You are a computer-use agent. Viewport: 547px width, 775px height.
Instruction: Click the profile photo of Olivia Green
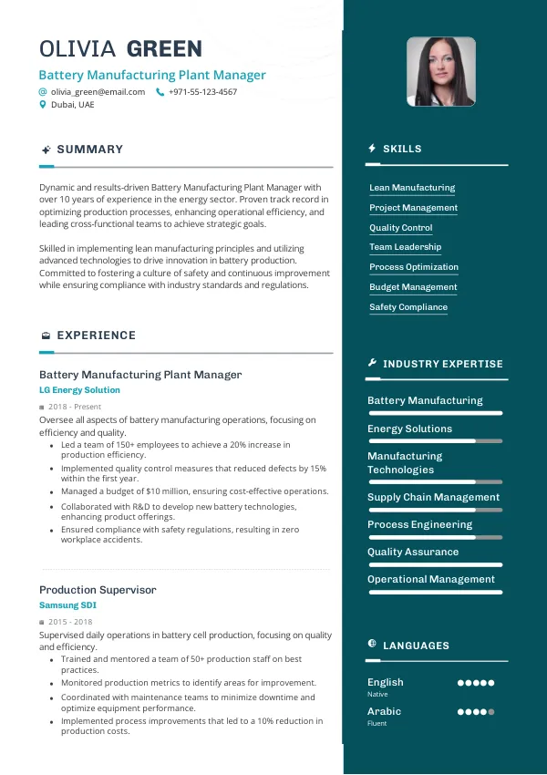(x=440, y=71)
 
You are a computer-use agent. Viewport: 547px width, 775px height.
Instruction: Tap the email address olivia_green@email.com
(x=98, y=92)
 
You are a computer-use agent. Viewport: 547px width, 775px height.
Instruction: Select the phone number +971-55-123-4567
(x=202, y=92)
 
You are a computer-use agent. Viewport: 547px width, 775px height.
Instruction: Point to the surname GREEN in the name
(x=164, y=49)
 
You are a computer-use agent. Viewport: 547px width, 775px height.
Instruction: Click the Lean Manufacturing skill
(x=412, y=188)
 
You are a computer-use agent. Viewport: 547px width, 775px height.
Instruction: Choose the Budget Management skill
(x=413, y=287)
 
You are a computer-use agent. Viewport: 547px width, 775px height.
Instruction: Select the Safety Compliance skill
(x=408, y=307)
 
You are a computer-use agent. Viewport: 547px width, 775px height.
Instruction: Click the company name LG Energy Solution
(x=79, y=390)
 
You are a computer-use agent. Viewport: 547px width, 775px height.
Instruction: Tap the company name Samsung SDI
(x=67, y=605)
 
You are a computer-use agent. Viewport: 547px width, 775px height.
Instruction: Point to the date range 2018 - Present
(x=75, y=407)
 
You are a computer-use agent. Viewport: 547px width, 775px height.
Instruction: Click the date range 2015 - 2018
(x=70, y=622)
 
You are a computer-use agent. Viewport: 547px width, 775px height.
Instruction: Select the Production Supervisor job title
(x=98, y=590)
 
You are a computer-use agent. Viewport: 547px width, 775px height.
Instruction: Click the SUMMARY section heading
(x=89, y=150)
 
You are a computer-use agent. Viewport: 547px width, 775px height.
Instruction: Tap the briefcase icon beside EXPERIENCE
(x=45, y=336)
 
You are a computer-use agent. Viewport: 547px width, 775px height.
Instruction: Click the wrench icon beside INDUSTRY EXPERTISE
(x=372, y=364)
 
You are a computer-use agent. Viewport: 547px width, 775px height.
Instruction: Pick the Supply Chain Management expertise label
(x=433, y=497)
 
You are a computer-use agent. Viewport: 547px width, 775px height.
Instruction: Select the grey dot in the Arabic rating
(x=491, y=712)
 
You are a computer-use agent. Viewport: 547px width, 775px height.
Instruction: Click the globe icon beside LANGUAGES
(x=372, y=645)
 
